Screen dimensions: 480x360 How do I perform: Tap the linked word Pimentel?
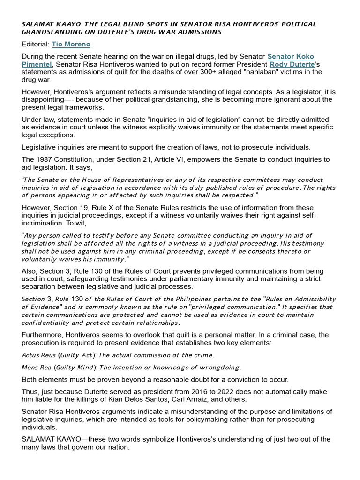coord(37,64)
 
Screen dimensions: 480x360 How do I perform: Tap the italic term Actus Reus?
coord(37,355)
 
